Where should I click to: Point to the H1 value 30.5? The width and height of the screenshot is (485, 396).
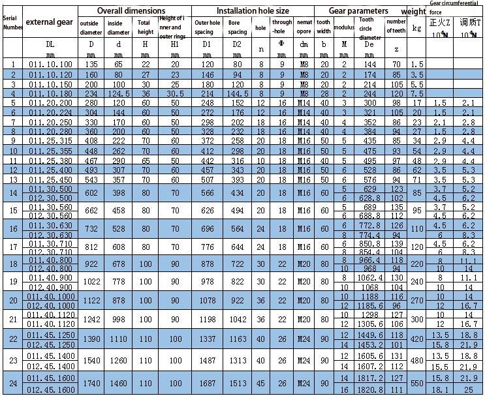(x=175, y=94)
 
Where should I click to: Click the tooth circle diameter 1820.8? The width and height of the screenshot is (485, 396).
(x=369, y=390)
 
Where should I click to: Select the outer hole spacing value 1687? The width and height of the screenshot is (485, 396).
(x=206, y=384)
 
